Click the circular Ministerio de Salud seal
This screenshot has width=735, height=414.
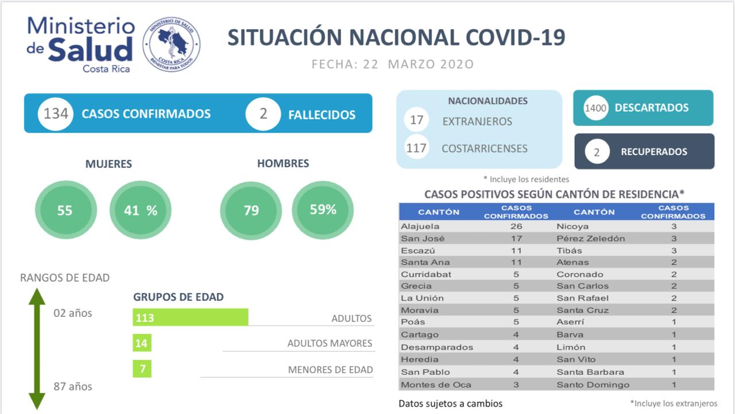coord(171,44)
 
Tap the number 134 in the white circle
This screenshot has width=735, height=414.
coord(56,114)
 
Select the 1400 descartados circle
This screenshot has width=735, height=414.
coord(596,108)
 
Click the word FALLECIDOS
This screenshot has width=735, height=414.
coord(322,114)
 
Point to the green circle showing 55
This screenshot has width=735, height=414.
coord(65,210)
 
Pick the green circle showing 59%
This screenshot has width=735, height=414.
coord(323,210)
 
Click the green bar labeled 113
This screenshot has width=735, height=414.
coord(190,317)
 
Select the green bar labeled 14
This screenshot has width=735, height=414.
coord(142,344)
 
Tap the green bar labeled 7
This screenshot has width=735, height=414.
coord(142,369)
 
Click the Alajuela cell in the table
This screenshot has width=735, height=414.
coord(420,227)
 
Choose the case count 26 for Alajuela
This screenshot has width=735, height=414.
coord(516,227)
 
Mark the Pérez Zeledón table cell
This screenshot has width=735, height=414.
coord(591,239)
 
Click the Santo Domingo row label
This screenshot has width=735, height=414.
coord(593,385)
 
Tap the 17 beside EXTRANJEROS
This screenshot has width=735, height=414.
coord(416,121)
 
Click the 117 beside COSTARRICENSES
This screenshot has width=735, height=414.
coord(416,148)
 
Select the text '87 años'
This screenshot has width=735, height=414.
coord(73,386)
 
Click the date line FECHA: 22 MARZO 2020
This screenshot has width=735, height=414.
coord(393,64)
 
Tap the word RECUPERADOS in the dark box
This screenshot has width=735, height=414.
coord(653,152)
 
